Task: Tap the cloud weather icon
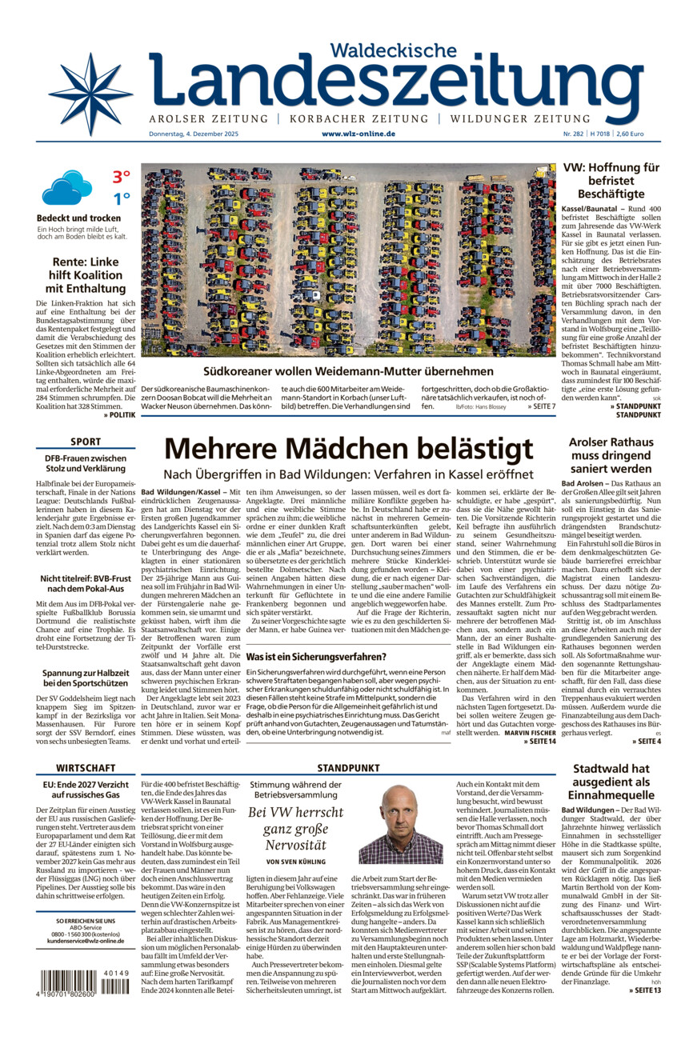pyautogui.click(x=66, y=187)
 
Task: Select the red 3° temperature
pyautogui.click(x=121, y=177)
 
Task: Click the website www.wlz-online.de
pyautogui.click(x=359, y=134)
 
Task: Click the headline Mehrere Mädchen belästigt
pyautogui.click(x=348, y=449)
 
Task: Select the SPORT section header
pyautogui.click(x=86, y=442)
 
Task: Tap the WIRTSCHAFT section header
pyautogui.click(x=86, y=767)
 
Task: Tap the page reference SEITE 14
pyautogui.click(x=539, y=741)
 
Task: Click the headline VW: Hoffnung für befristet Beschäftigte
pyautogui.click(x=611, y=181)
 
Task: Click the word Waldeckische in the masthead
pyautogui.click(x=393, y=50)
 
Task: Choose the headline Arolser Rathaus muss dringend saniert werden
pyautogui.click(x=611, y=455)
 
